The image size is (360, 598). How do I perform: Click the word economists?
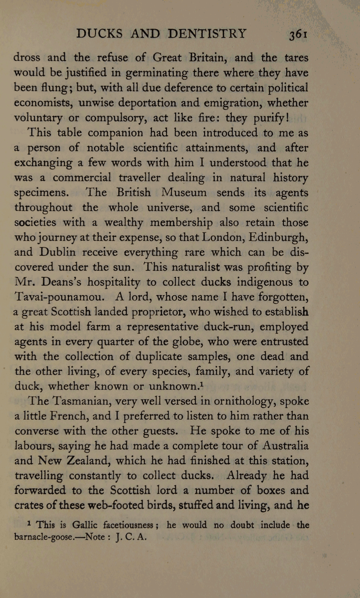[x=44, y=103]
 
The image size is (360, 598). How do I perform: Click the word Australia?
[x=285, y=446]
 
